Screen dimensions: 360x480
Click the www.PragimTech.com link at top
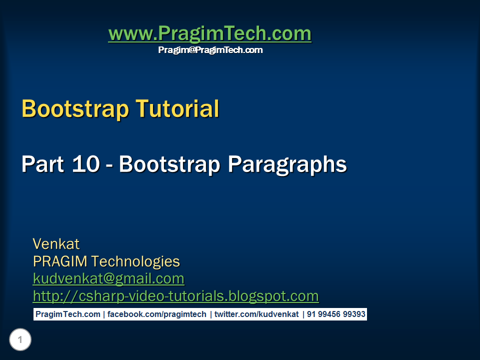click(x=209, y=34)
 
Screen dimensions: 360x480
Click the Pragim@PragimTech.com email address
click(x=210, y=50)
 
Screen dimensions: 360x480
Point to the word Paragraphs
click(x=287, y=165)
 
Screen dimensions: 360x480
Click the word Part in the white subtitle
click(x=42, y=164)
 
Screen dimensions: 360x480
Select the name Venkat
click(x=56, y=244)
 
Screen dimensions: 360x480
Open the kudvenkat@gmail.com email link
click(x=108, y=278)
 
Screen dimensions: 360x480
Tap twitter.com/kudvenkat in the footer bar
click(x=256, y=314)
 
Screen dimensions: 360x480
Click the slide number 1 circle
click(x=20, y=340)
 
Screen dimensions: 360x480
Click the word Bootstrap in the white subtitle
click(x=170, y=164)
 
